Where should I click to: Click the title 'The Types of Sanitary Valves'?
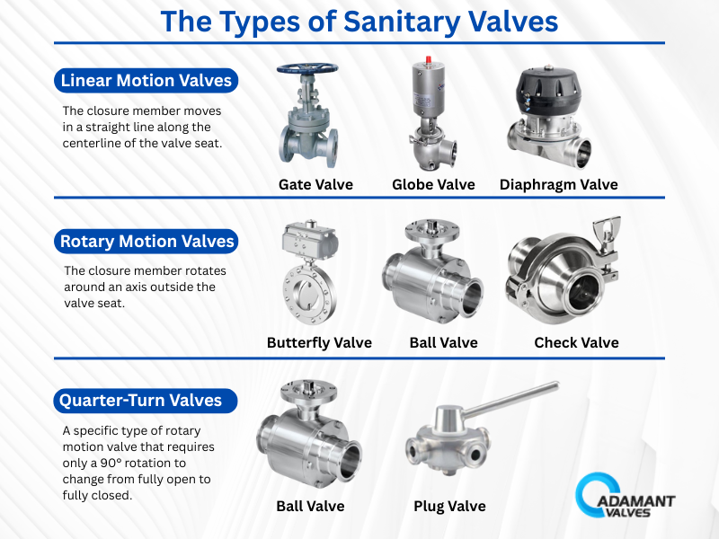[x=359, y=21]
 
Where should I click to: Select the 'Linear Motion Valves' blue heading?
[x=146, y=81]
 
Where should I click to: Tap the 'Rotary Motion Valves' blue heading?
[x=146, y=241]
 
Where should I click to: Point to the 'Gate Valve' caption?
[x=315, y=184]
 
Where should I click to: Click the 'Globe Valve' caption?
[x=433, y=184]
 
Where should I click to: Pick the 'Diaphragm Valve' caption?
[x=559, y=184]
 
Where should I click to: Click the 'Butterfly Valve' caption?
[x=319, y=342]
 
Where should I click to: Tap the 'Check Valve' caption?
[x=576, y=342]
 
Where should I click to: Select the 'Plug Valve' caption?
[x=449, y=506]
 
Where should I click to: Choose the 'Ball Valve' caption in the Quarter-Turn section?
[x=310, y=506]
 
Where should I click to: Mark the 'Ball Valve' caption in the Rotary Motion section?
[x=443, y=342]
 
